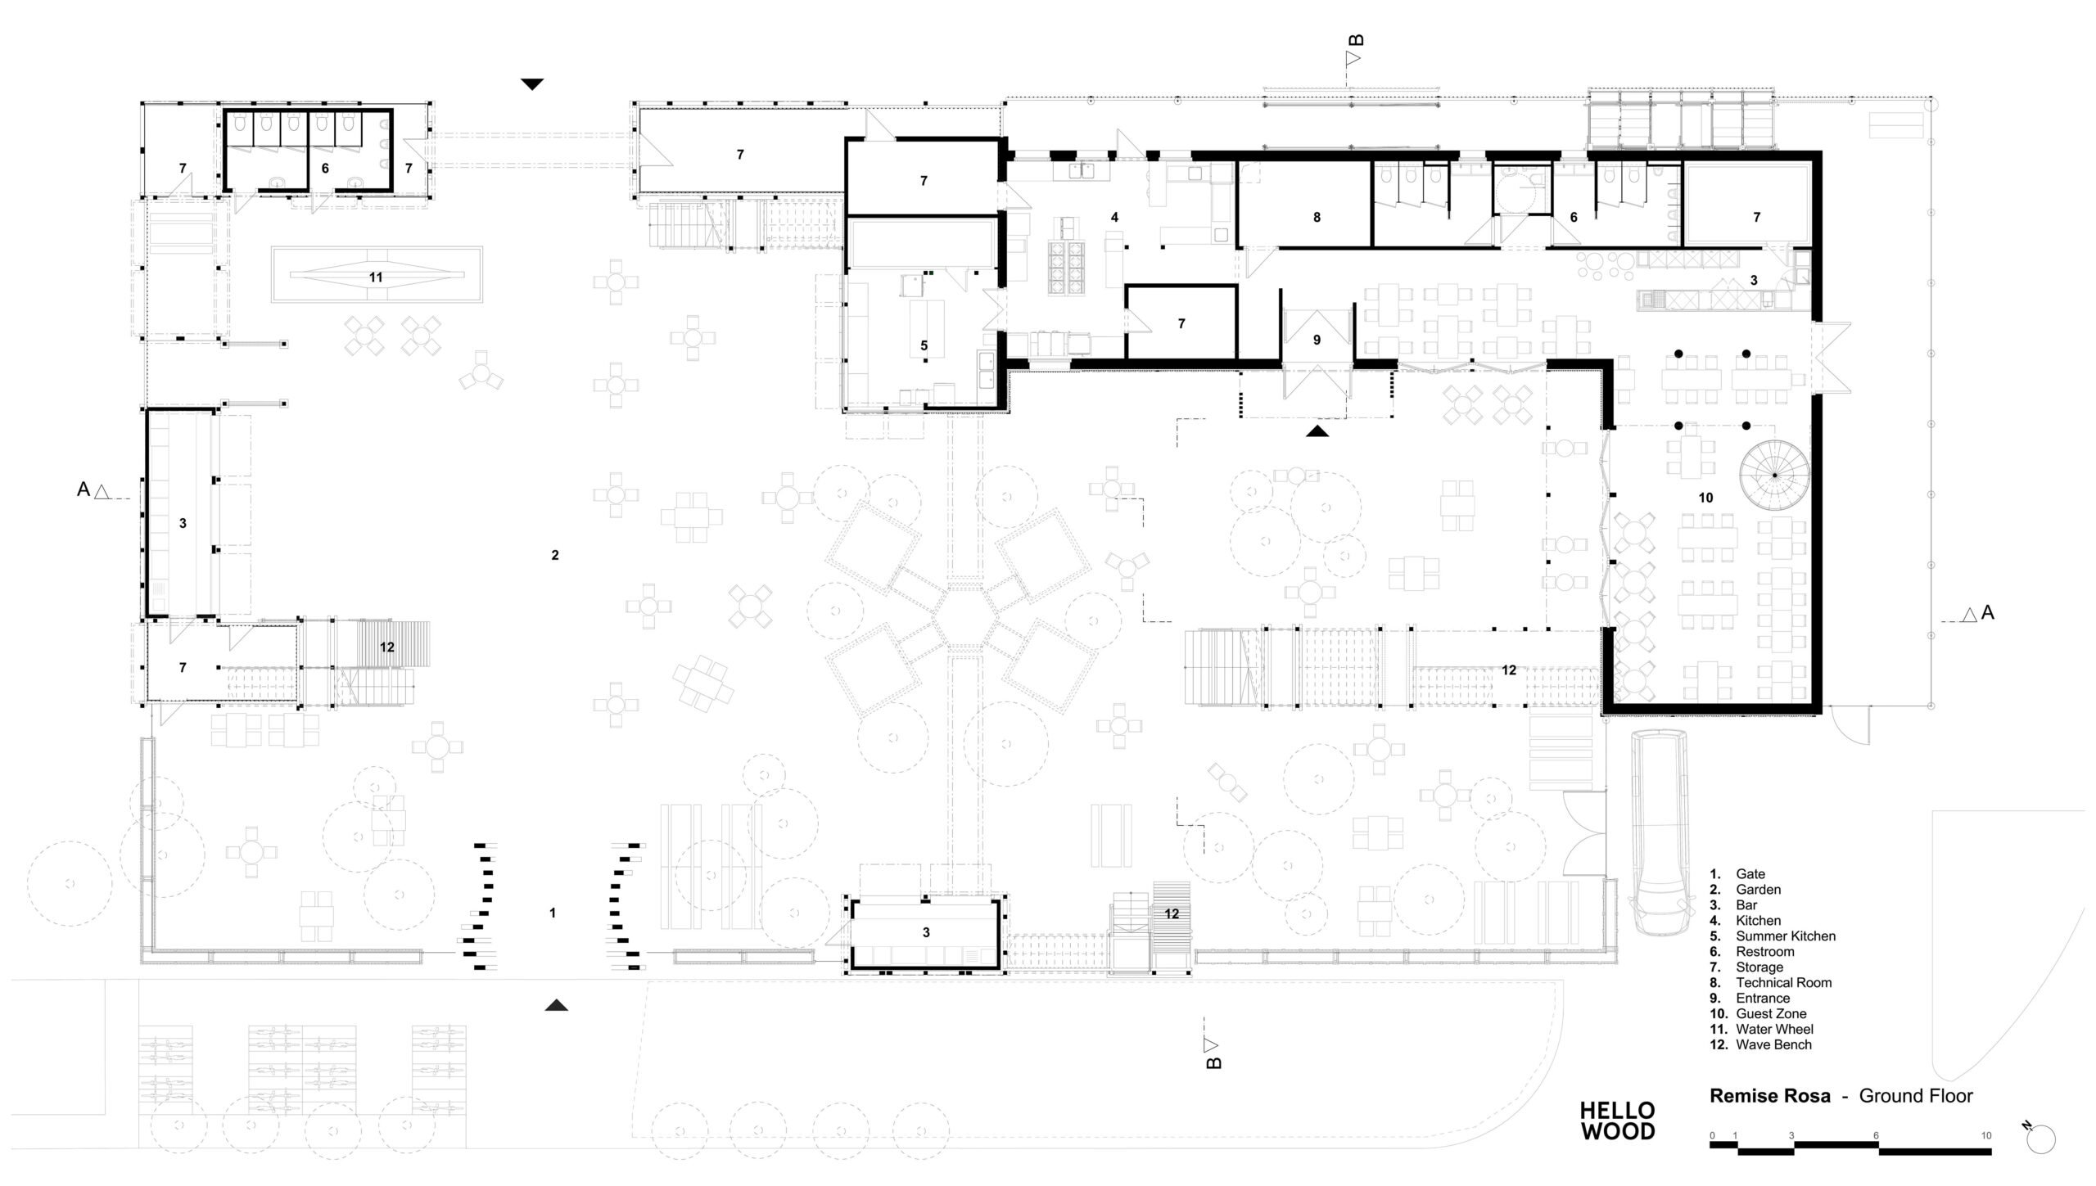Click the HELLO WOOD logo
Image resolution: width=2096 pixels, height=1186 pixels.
[x=1617, y=1121]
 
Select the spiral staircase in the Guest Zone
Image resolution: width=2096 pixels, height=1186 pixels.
[x=1774, y=475]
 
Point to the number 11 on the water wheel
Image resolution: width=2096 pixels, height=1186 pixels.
[x=376, y=277]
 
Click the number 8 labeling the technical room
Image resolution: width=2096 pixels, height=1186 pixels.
[x=1317, y=218]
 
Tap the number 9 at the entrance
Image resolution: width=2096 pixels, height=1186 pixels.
[x=1317, y=340]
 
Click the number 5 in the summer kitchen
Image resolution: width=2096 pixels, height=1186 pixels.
[x=924, y=346]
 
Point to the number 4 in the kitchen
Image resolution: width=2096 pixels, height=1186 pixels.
[x=1114, y=218]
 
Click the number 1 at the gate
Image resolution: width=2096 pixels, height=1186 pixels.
[x=553, y=913]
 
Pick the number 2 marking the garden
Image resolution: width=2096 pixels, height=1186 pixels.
[x=555, y=555]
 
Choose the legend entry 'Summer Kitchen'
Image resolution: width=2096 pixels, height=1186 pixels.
[x=1786, y=936]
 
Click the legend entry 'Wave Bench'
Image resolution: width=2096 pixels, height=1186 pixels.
[x=1773, y=1045]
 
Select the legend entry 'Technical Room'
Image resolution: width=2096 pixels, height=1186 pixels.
[x=1784, y=983]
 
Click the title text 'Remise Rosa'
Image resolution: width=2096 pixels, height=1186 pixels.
[x=1770, y=1096]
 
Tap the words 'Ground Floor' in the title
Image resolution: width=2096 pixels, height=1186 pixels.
[x=1916, y=1096]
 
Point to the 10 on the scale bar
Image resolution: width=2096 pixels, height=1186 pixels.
[x=1986, y=1136]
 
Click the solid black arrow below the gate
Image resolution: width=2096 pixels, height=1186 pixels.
[x=556, y=1005]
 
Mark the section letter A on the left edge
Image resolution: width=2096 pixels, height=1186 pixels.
[x=83, y=489]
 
